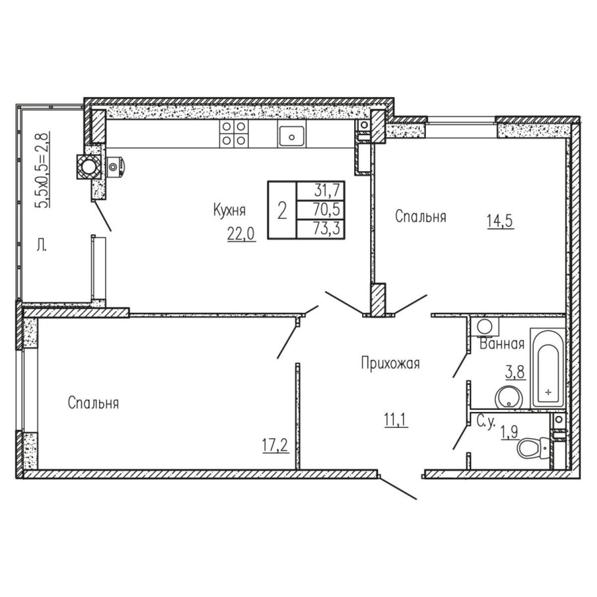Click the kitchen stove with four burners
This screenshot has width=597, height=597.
pyautogui.click(x=234, y=133)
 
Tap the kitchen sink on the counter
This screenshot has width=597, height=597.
pyautogui.click(x=291, y=136)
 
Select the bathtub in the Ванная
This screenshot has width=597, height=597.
pyautogui.click(x=548, y=369)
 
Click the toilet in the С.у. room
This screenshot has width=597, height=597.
pyautogui.click(x=532, y=447)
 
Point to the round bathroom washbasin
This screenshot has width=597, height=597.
pyautogui.click(x=508, y=397)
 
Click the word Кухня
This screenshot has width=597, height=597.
pyautogui.click(x=229, y=210)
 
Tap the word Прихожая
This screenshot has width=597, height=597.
pyautogui.click(x=390, y=363)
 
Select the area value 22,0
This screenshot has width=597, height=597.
pyautogui.click(x=241, y=234)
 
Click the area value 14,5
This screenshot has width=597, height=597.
pyautogui.click(x=501, y=221)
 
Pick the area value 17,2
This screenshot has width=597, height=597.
pyautogui.click(x=276, y=445)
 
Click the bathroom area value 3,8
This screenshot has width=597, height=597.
pyautogui.click(x=516, y=371)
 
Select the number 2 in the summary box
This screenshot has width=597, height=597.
pyautogui.click(x=282, y=211)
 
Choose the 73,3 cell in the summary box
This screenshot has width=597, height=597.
pyautogui.click(x=327, y=228)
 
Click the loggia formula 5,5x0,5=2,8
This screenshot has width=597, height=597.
pyautogui.click(x=42, y=169)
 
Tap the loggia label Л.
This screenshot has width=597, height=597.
pyautogui.click(x=41, y=246)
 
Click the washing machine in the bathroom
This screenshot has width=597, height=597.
pyautogui.click(x=485, y=327)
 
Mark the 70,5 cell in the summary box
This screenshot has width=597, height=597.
pyautogui.click(x=327, y=209)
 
